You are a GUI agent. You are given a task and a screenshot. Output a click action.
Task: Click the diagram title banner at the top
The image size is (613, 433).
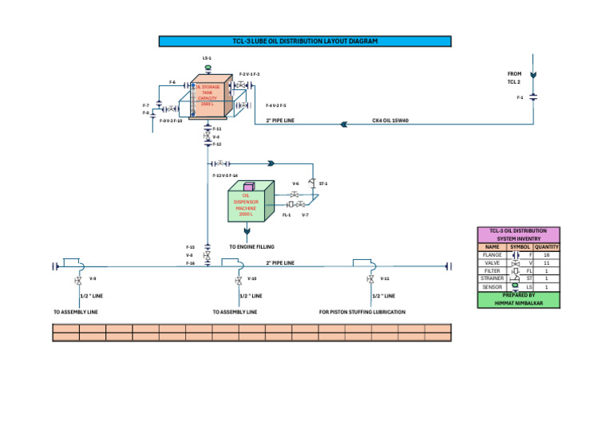pyautogui.click(x=305, y=41)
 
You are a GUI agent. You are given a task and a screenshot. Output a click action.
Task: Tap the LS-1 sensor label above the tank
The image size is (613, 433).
pyautogui.click(x=207, y=58)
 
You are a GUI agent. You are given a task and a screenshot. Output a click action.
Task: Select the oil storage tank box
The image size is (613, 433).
pyautogui.click(x=207, y=97)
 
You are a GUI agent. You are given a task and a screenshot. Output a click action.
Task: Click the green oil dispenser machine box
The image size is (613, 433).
pyautogui.click(x=247, y=204)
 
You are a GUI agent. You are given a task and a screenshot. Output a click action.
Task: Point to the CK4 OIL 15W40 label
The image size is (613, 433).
pyautogui.click(x=390, y=121)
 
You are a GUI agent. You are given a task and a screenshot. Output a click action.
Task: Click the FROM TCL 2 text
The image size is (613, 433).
pyautogui.click(x=514, y=77)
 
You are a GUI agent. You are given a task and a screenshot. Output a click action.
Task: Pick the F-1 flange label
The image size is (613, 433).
pyautogui.click(x=520, y=97)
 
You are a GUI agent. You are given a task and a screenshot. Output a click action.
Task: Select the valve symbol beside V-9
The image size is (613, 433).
pyautogui.click(x=77, y=280)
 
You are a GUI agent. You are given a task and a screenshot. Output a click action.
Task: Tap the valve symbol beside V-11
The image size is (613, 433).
pyautogui.click(x=370, y=280)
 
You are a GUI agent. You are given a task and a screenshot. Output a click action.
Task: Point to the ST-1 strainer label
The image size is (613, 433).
pyautogui.click(x=322, y=183)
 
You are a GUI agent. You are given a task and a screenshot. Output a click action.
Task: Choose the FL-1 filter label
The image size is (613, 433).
pyautogui.click(x=287, y=215)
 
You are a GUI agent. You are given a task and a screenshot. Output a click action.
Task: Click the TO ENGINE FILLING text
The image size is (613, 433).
pyautogui.click(x=251, y=247)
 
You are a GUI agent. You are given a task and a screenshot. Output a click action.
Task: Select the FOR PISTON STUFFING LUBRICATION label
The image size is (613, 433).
pyautogui.click(x=362, y=312)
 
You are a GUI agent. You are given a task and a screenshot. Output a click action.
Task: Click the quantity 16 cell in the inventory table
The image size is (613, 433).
pyautogui.click(x=547, y=255)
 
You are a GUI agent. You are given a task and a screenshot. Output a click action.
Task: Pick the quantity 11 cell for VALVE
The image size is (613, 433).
pyautogui.click(x=547, y=263)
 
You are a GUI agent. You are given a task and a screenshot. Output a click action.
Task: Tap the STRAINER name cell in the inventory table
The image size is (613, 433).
pyautogui.click(x=492, y=278)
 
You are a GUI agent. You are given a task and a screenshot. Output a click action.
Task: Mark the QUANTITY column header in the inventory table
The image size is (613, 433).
pyautogui.click(x=547, y=247)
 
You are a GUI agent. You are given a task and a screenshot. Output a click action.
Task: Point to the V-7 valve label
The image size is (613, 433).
pyautogui.click(x=305, y=215)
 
